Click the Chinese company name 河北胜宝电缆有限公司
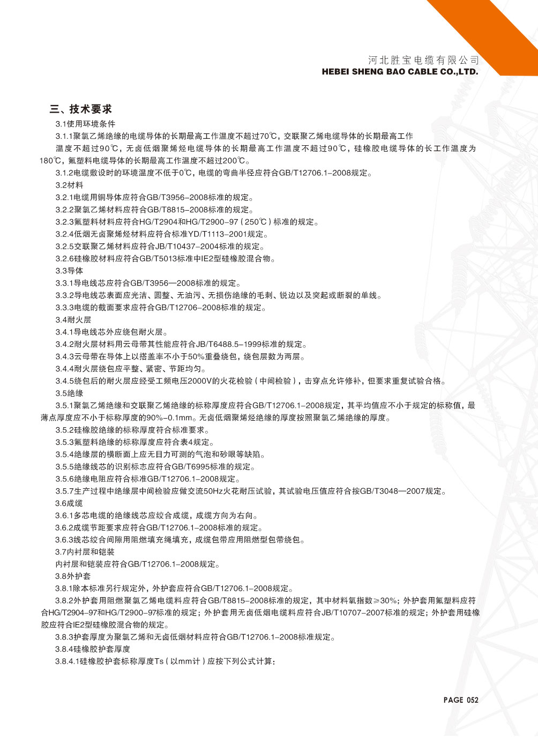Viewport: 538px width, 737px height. point(423,59)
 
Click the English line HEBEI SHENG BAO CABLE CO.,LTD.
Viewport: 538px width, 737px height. point(400,71)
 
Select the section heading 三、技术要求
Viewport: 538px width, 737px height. point(81,109)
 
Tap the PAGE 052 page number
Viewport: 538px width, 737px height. point(460,699)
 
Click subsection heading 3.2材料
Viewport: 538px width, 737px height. point(69,185)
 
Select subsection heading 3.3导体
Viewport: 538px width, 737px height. point(69,271)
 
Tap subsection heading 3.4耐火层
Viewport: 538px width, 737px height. point(73,319)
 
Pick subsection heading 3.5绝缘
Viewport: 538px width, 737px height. point(69,393)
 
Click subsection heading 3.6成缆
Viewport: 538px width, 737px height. point(69,503)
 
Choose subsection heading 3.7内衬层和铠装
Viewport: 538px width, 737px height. point(85,552)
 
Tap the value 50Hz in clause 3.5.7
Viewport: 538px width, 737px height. point(213,491)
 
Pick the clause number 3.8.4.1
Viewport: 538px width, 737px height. point(67,662)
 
